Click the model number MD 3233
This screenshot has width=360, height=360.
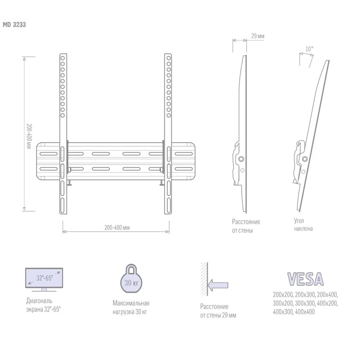pos(15,25)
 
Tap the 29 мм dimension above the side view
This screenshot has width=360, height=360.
pos(258,36)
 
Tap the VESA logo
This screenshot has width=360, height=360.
pos(305,279)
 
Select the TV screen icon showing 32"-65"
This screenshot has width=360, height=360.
pos(44,279)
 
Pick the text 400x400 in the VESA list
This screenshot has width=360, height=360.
pos(304,312)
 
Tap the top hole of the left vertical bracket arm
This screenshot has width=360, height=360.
pos(63,58)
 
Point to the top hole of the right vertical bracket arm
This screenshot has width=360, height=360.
pos(167,58)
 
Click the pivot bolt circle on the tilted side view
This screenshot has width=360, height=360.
pos(305,159)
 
